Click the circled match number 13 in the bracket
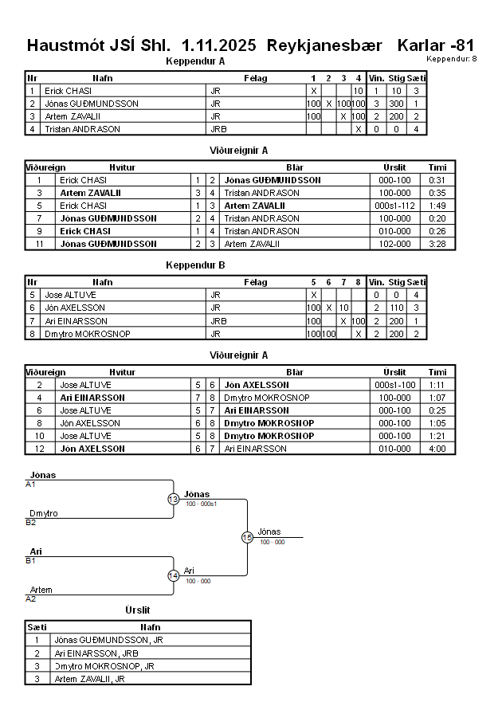[174, 499]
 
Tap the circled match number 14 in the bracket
[174, 575]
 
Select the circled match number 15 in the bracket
[247, 538]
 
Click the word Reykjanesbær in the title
[327, 45]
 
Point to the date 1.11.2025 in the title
[219, 45]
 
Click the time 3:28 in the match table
[437, 244]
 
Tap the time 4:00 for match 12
[437, 449]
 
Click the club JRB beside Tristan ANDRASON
[218, 129]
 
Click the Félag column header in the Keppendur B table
[256, 282]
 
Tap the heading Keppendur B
[195, 265]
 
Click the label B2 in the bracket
[31, 523]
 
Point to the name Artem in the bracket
[41, 590]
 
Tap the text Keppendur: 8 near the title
[452, 58]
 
